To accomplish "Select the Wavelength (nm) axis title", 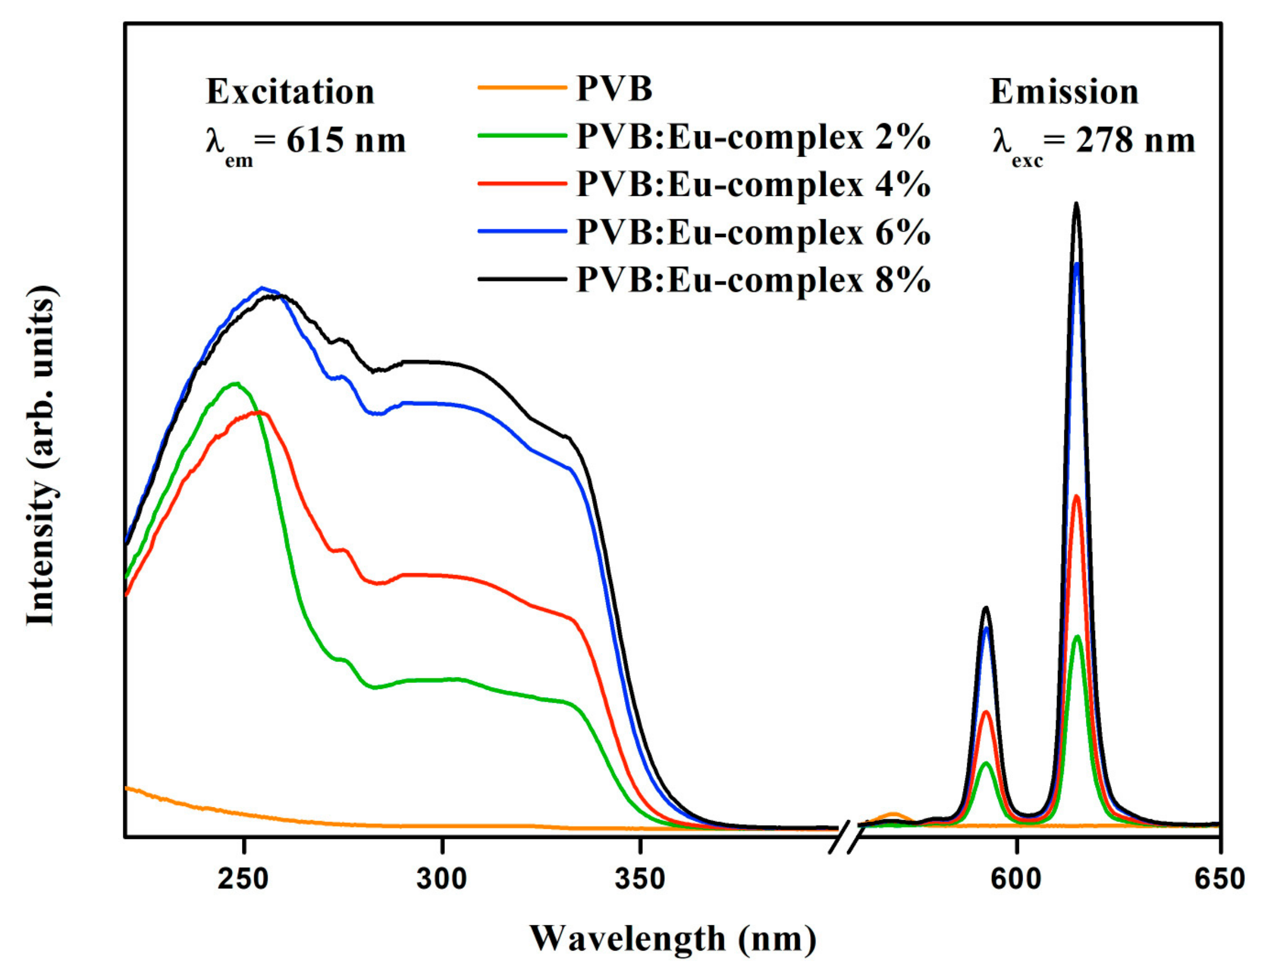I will click(673, 939).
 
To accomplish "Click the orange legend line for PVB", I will click(522, 89).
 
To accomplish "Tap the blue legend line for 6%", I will click(522, 231).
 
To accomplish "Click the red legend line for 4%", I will click(522, 183).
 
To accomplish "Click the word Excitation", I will click(290, 91).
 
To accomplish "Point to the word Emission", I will click(1064, 91).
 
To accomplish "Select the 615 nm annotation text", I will click(346, 141).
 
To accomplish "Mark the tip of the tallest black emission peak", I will click(1077, 204).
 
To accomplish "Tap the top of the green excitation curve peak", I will click(235, 383).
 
